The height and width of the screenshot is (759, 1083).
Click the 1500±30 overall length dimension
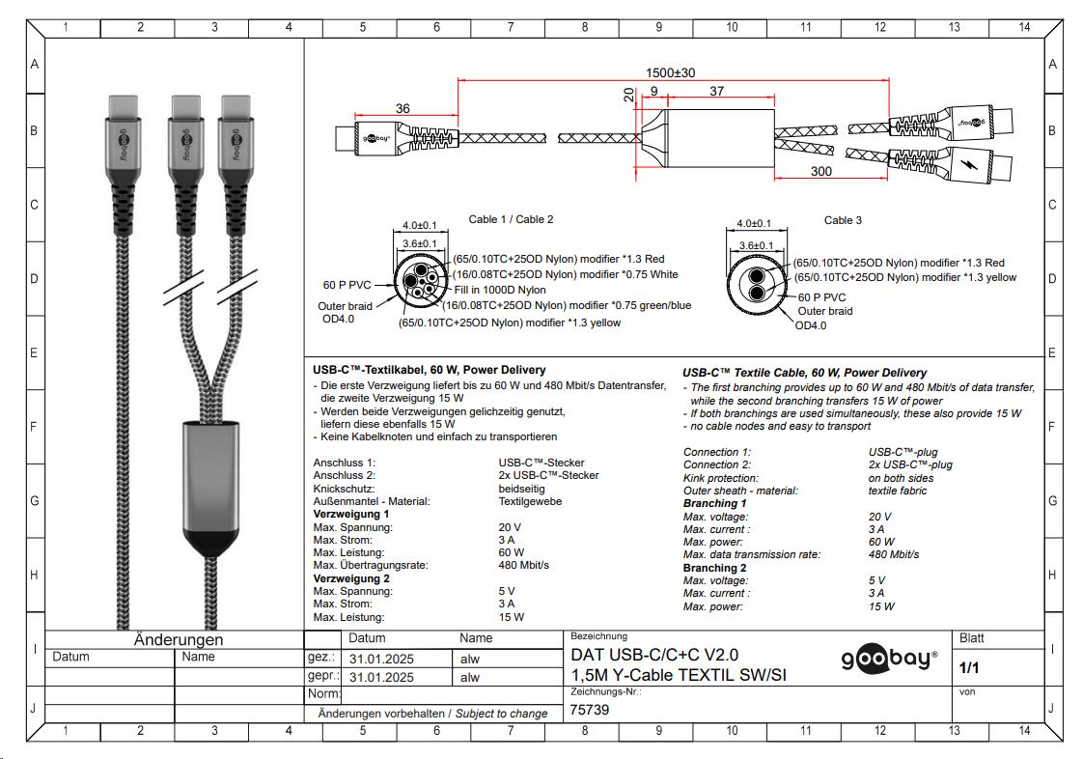670,72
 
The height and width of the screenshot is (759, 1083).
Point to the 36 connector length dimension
403,108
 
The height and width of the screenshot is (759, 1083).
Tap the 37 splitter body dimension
716,92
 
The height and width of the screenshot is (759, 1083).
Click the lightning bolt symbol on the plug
970,162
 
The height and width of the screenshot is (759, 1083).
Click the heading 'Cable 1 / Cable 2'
511,220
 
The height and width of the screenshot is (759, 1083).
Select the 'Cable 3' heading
843,220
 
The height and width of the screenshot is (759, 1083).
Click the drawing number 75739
590,709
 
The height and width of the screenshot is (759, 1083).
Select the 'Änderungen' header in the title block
179,639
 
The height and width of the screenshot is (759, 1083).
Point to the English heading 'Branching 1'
715,504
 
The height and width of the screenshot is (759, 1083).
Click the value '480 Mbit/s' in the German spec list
523,565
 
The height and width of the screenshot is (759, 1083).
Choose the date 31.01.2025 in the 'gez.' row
381,659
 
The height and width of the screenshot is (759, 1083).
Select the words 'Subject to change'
501,714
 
